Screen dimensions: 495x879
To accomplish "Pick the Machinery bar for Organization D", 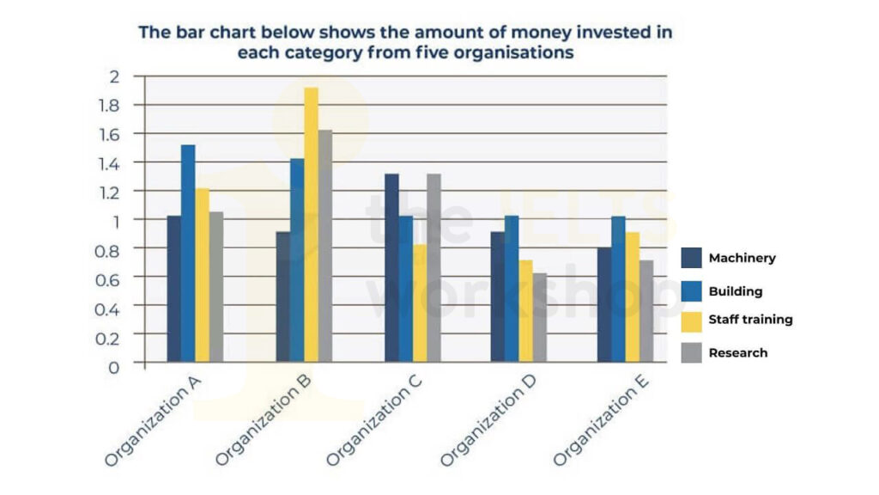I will tap(498, 296).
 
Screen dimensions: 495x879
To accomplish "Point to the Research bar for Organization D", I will tap(538, 318).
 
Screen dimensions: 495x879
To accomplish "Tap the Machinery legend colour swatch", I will tap(691, 258).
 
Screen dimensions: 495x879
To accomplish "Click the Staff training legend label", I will tap(750, 319).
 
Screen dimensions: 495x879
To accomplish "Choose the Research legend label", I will tap(737, 352).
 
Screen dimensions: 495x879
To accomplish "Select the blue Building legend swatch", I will tap(691, 290).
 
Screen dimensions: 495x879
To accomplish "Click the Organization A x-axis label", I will tap(155, 426).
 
